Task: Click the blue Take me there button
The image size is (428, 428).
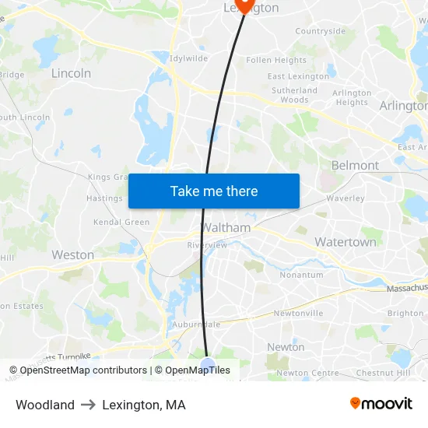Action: pos(214,191)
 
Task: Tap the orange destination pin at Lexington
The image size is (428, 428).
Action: pos(244,5)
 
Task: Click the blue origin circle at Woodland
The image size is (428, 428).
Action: pos(207,365)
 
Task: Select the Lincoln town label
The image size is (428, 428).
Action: pos(71,73)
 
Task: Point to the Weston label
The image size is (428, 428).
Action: pos(72,254)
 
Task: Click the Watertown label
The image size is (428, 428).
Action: pos(345,242)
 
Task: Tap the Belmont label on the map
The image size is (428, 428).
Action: pos(355,165)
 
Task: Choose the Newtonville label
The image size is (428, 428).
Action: pos(297,314)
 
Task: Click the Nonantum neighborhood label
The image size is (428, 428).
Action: pos(301,275)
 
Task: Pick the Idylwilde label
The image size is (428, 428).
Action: pos(189,58)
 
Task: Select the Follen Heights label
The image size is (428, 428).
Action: pos(276,60)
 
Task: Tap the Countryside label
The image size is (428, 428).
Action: pos(320,31)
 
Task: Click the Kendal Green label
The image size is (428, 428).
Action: pos(121,222)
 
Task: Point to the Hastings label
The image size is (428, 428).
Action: pos(104,198)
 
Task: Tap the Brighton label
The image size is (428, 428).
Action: pos(405,314)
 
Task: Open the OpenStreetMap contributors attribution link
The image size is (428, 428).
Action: pos(83,370)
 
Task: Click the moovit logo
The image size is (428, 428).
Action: pos(381,404)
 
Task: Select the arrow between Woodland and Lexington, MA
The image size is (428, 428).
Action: pos(88,405)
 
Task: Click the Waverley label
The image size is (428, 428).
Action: pos(346,198)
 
